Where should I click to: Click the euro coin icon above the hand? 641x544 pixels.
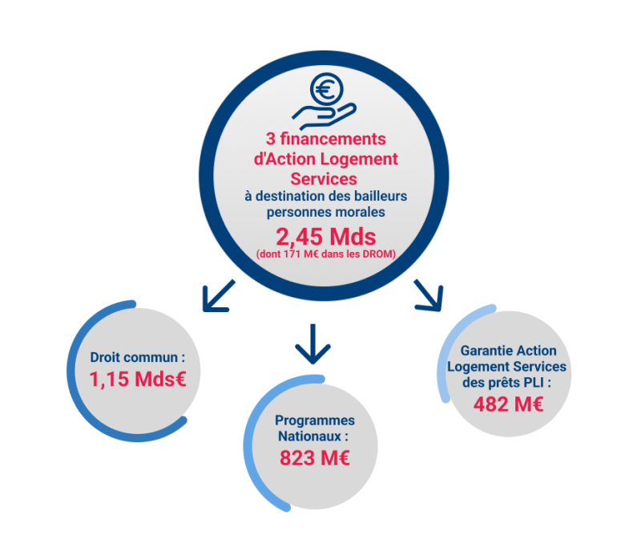click(325, 90)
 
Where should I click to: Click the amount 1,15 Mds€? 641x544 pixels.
click(138, 380)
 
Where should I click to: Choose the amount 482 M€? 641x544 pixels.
click(508, 404)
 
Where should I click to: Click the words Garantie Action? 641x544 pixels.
click(508, 351)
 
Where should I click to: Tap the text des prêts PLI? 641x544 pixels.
click(508, 382)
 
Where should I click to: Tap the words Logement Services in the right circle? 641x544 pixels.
click(508, 367)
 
